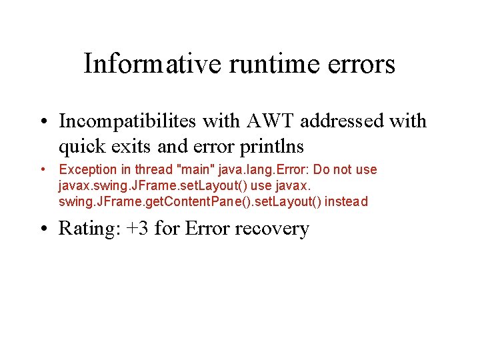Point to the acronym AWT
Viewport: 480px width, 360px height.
(267, 121)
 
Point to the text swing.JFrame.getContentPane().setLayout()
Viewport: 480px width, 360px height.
(190, 201)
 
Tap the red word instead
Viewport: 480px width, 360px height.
(346, 201)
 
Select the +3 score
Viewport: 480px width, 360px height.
(137, 229)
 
